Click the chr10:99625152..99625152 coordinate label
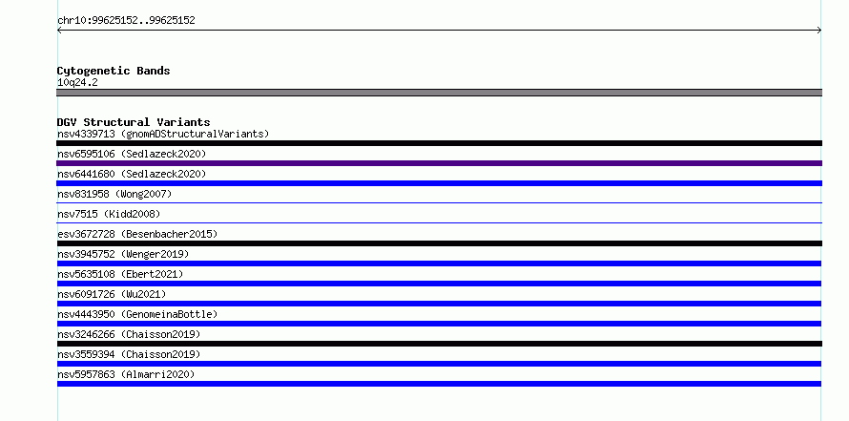click(126, 21)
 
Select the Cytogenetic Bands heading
click(114, 71)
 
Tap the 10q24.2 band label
click(77, 83)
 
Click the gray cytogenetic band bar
click(439, 93)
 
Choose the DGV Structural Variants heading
click(134, 122)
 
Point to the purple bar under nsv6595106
click(439, 163)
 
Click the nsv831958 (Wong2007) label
click(114, 194)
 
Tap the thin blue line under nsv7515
click(439, 222)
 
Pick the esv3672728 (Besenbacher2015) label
click(137, 234)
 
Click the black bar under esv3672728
click(439, 243)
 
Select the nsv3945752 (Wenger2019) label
click(123, 254)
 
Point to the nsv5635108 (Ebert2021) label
click(120, 274)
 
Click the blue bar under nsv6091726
click(439, 304)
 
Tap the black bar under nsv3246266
click(439, 344)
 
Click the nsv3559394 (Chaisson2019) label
click(129, 354)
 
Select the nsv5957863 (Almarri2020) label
click(126, 374)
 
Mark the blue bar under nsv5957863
click(439, 384)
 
